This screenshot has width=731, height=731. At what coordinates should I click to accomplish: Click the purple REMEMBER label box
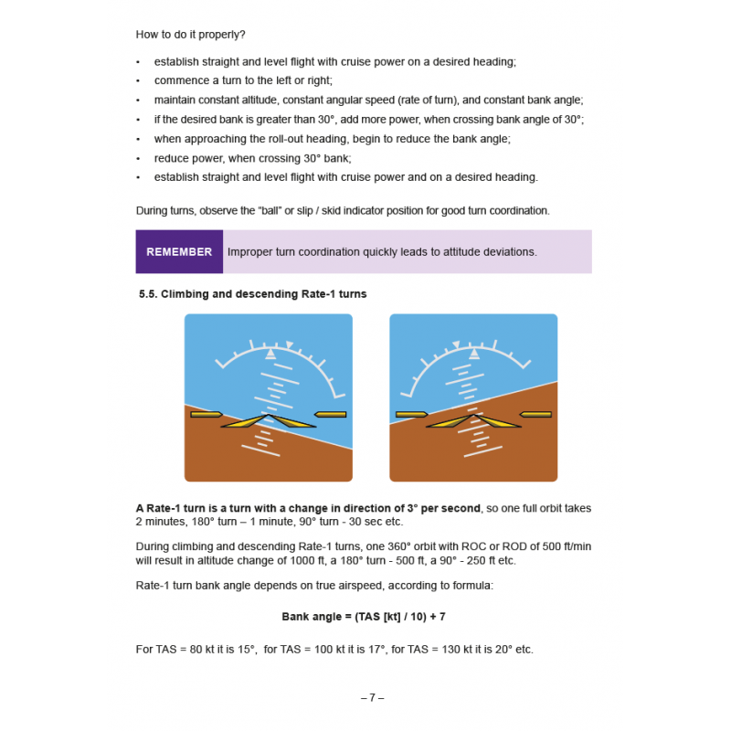[x=179, y=252]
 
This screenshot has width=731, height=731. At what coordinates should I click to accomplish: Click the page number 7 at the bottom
[x=372, y=697]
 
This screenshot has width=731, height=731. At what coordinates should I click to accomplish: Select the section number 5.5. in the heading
[x=149, y=294]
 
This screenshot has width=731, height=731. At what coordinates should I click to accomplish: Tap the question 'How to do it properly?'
[x=190, y=35]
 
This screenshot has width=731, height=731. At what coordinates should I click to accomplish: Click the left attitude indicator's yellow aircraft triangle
[x=269, y=421]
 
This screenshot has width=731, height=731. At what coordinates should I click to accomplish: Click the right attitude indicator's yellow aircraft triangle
[x=473, y=421]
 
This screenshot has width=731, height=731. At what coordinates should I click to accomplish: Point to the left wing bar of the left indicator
[x=206, y=415]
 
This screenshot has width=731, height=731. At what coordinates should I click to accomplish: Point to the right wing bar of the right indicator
[x=536, y=415]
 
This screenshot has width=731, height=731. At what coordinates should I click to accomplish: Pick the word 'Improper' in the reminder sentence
[x=249, y=252]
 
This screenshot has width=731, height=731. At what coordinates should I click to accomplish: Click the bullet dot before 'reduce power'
[x=138, y=158]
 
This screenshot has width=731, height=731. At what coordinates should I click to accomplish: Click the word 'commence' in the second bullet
[x=180, y=80]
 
